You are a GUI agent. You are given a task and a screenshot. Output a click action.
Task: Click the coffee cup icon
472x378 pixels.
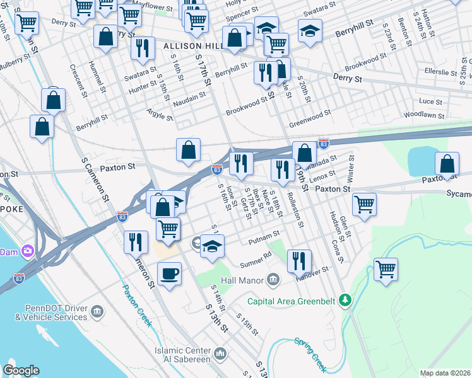(x=170, y=274)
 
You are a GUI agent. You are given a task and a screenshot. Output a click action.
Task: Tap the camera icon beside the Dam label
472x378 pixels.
(x=27, y=251)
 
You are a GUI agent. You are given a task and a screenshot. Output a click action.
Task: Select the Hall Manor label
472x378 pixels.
(x=242, y=279)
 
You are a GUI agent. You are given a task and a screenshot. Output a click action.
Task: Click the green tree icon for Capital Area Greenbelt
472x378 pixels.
(x=345, y=301)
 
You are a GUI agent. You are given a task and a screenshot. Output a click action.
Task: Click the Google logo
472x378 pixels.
(x=21, y=370)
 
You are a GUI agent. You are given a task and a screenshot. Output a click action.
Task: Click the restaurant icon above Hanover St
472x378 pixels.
(x=299, y=260)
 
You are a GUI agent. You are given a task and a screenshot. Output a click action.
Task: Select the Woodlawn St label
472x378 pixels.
(x=424, y=116)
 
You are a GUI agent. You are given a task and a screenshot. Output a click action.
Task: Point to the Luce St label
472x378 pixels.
(x=431, y=101)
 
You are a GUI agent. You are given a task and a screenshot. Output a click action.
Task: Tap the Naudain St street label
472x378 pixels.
(x=190, y=97)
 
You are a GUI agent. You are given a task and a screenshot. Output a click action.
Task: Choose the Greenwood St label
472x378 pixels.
(x=310, y=118)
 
